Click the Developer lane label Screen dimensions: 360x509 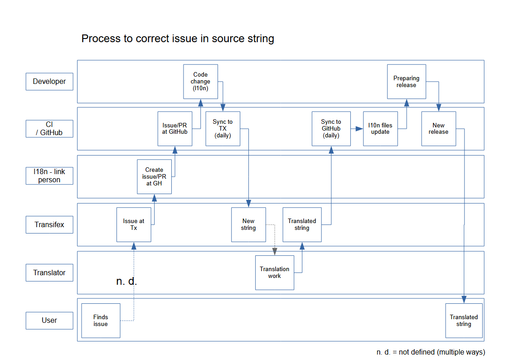point(49,82)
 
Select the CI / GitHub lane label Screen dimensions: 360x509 point(49,128)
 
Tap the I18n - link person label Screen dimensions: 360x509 point(49,176)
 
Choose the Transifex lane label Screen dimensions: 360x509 point(49,224)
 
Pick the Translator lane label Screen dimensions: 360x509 point(49,272)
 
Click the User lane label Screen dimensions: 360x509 point(49,320)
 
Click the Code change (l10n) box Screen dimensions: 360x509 point(200,82)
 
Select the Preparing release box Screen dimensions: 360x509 point(406,82)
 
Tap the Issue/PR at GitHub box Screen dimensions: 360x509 point(175,129)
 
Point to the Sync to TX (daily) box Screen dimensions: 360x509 point(223,129)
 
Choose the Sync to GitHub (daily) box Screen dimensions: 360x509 point(331,129)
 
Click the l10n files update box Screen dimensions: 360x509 point(380,129)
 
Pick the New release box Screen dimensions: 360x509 point(438,129)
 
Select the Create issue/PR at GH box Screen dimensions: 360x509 point(154,177)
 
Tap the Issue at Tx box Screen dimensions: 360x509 point(134,224)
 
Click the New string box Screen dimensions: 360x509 point(248,224)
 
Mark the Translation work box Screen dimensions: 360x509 point(274,272)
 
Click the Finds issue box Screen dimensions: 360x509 point(101,321)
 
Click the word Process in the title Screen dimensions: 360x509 point(97,39)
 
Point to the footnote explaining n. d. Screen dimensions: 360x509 point(431,352)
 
